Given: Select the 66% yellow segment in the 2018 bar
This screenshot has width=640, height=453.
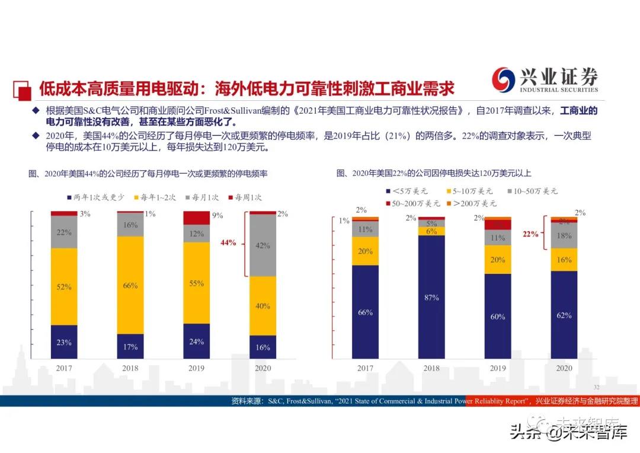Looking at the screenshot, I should coord(130,285).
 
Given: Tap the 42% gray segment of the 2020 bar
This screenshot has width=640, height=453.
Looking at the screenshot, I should coord(263,245).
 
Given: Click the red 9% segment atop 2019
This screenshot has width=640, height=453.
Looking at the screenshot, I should coord(196,218).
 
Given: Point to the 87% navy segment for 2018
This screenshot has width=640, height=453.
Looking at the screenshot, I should coord(431,297).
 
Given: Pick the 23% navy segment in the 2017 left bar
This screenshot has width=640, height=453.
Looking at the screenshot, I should coord(64,342).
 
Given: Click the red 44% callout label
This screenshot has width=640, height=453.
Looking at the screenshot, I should coord(228,243).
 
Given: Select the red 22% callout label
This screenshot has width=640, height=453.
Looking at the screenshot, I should coord(530,234).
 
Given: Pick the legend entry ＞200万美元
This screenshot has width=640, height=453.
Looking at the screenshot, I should coord(474,203).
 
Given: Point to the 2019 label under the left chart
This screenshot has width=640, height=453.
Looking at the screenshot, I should coord(196,368).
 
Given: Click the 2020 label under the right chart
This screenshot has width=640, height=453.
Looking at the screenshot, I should coord(564,368).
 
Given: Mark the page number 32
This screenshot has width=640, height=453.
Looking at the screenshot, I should coord(596,385).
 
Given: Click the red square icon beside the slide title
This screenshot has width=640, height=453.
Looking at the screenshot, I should coord(22,90).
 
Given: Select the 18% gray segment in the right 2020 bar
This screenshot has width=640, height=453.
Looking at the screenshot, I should coord(564,236).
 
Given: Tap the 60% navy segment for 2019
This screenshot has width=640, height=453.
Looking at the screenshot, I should coord(498,316).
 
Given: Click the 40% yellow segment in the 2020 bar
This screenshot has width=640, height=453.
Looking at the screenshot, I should coord(263,306).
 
